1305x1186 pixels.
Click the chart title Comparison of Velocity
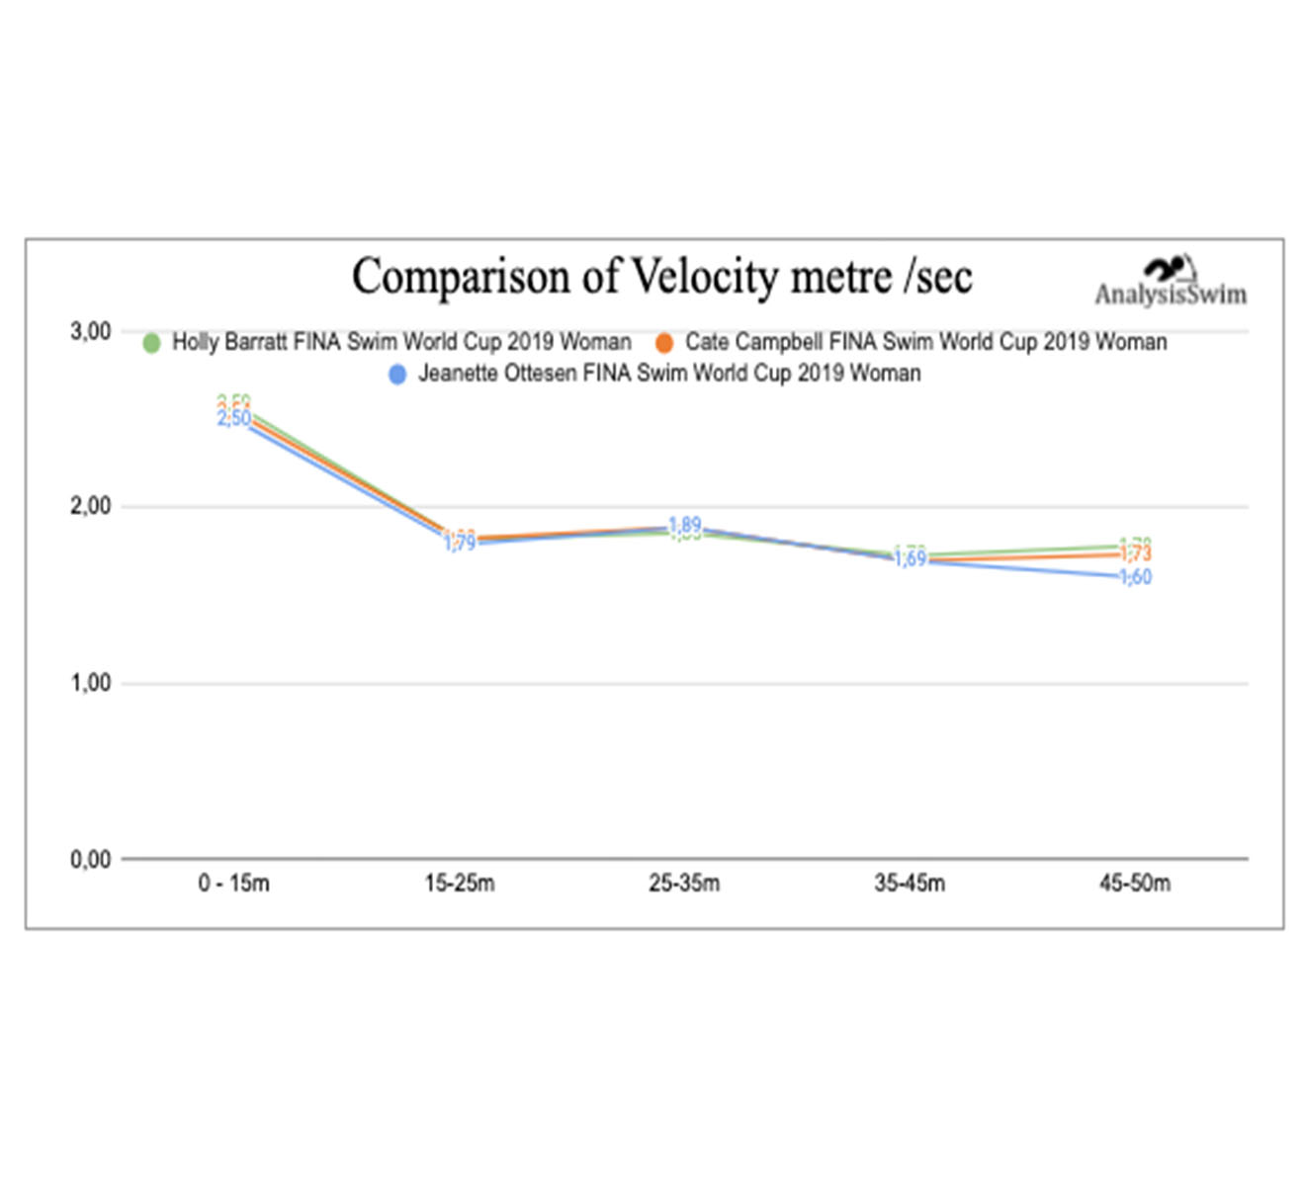pos(661,277)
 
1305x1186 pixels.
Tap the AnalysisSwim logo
pos(1171,284)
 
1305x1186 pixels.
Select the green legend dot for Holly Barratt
pos(151,343)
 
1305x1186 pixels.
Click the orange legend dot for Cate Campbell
pos(664,343)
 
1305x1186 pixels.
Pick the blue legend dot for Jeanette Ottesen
pos(397,375)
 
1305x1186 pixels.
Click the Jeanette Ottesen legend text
pos(669,374)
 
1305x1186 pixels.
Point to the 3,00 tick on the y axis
pos(91,332)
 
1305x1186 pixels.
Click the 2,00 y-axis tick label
pos(91,507)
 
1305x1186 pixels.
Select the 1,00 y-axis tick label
pos(91,683)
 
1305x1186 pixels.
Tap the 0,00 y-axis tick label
pos(91,860)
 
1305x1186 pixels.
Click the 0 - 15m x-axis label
pos(233,884)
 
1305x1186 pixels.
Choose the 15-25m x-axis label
pos(460,884)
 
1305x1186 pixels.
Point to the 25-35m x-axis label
pos(684,884)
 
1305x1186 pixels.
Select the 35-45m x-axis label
pos(910,884)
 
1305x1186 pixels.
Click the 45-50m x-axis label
pos(1135,884)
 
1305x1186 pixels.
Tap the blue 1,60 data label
pos(1136,577)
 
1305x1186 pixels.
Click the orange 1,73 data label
pos(1136,554)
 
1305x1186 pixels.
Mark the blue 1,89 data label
pos(685,525)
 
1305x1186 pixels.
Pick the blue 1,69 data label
pos(911,559)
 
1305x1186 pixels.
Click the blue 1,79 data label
pos(460,543)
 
